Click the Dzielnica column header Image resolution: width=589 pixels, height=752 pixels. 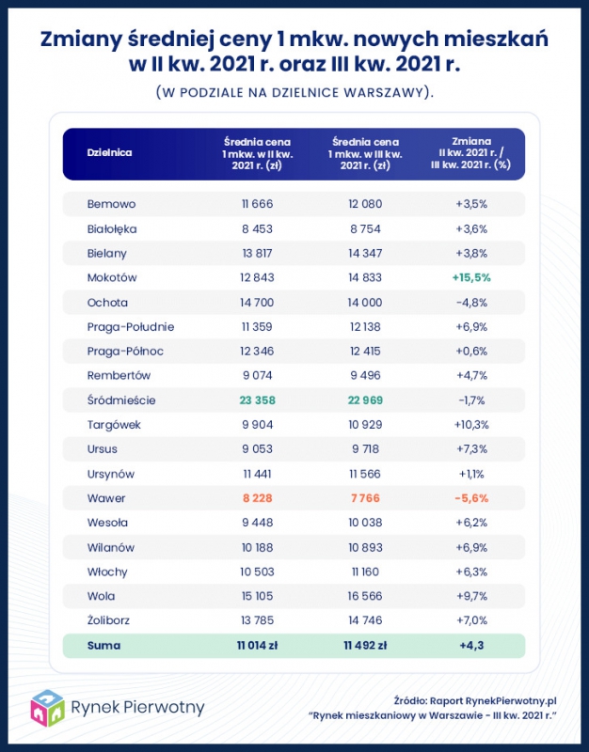(x=109, y=153)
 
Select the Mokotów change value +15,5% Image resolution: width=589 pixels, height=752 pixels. (x=471, y=277)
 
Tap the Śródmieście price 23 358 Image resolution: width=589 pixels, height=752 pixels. (x=257, y=400)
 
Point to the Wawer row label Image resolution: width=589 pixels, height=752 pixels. (x=106, y=498)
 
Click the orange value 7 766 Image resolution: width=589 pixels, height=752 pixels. (x=365, y=498)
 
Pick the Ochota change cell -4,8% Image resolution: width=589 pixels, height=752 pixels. (x=471, y=303)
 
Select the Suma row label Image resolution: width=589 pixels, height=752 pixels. (x=103, y=646)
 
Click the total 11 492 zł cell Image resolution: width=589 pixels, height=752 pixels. (x=365, y=646)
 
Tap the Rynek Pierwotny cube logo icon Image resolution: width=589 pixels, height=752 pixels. (x=47, y=709)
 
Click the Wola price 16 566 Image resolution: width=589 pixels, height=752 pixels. (x=365, y=596)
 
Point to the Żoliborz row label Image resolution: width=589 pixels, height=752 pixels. (x=108, y=620)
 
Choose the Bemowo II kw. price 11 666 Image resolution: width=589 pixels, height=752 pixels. (x=257, y=204)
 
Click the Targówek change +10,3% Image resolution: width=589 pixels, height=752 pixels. (x=471, y=425)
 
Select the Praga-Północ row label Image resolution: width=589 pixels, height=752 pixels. (x=125, y=352)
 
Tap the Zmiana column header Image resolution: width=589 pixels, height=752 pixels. (x=471, y=153)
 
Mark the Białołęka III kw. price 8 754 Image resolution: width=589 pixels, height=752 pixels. (x=365, y=228)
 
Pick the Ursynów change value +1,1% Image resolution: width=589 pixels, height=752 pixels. (x=471, y=475)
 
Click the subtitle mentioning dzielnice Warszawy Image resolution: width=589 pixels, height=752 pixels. (x=294, y=92)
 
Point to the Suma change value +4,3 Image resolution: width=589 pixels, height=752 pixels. (x=471, y=646)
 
